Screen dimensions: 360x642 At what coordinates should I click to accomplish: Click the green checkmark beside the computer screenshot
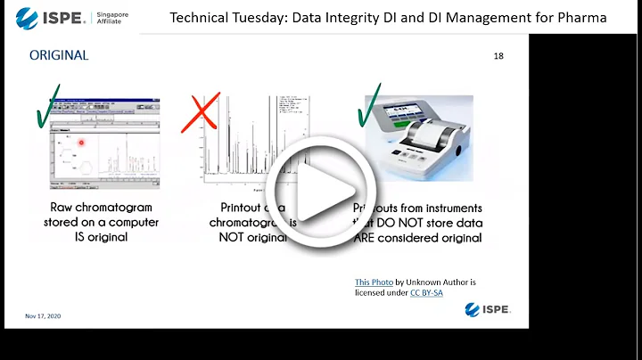pyautogui.click(x=46, y=110)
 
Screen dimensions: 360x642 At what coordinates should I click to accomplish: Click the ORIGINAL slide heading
pyautogui.click(x=59, y=55)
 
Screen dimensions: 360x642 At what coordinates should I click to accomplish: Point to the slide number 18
pyautogui.click(x=498, y=56)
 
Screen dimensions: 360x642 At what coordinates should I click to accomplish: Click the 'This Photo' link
pyautogui.click(x=374, y=282)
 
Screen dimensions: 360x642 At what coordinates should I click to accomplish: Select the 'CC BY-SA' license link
pyautogui.click(x=427, y=292)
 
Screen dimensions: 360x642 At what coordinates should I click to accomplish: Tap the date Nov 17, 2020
pyautogui.click(x=43, y=316)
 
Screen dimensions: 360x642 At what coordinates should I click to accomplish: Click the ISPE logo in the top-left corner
pyautogui.click(x=52, y=16)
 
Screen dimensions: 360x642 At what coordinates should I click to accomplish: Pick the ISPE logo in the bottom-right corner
pyautogui.click(x=487, y=309)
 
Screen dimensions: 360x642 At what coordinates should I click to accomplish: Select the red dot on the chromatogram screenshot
pyautogui.click(x=81, y=143)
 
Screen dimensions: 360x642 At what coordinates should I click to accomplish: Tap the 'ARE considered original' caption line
pyautogui.click(x=419, y=238)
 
